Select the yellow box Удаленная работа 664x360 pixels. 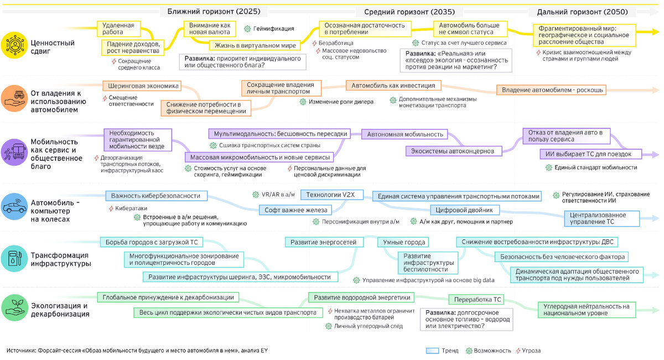tap(118, 29)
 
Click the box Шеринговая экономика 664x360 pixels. tap(143, 86)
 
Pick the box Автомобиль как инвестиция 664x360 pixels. tap(393, 86)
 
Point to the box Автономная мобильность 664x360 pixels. tap(406, 134)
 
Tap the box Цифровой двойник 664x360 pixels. tap(465, 210)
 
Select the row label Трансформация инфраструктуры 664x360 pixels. tap(60, 259)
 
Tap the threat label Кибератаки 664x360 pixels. tap(131, 208)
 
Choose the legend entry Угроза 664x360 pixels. tap(530, 351)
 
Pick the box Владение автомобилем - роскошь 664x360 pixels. tap(553, 90)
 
